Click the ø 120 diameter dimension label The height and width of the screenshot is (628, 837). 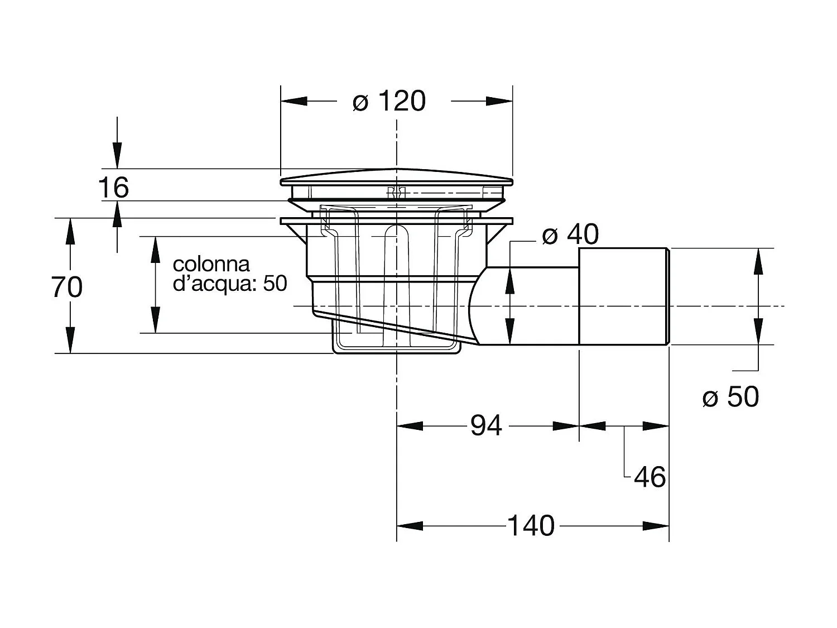[x=389, y=102]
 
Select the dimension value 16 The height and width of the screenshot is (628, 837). [x=114, y=188]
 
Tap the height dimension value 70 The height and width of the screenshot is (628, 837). [x=67, y=287]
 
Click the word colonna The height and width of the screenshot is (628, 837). [x=211, y=264]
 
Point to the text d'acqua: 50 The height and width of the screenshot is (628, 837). [x=230, y=284]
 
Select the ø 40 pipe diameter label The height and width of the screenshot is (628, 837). [x=570, y=234]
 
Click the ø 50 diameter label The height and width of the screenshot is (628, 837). [x=730, y=397]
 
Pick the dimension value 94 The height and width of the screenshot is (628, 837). [x=486, y=426]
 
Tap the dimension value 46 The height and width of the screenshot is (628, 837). [x=650, y=477]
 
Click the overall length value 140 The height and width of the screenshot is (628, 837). [x=531, y=526]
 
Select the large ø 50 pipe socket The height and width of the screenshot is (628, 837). [x=624, y=296]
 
